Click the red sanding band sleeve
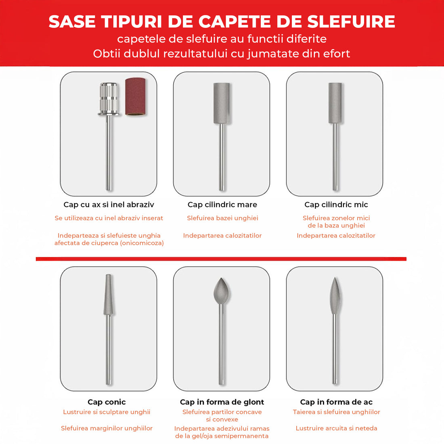(x=135, y=97)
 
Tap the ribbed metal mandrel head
(x=109, y=98)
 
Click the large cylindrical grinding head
(x=222, y=103)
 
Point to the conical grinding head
(x=108, y=295)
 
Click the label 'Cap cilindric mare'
(x=222, y=205)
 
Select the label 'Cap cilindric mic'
(x=336, y=205)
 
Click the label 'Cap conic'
(x=107, y=402)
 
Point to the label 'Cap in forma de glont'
(x=222, y=402)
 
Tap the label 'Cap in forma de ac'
(x=336, y=402)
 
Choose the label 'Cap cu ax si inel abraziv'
(x=109, y=205)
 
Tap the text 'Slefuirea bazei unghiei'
(x=222, y=218)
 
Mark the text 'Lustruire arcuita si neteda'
(x=336, y=428)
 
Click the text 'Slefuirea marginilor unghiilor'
(x=107, y=428)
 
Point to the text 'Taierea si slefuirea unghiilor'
(x=336, y=412)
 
